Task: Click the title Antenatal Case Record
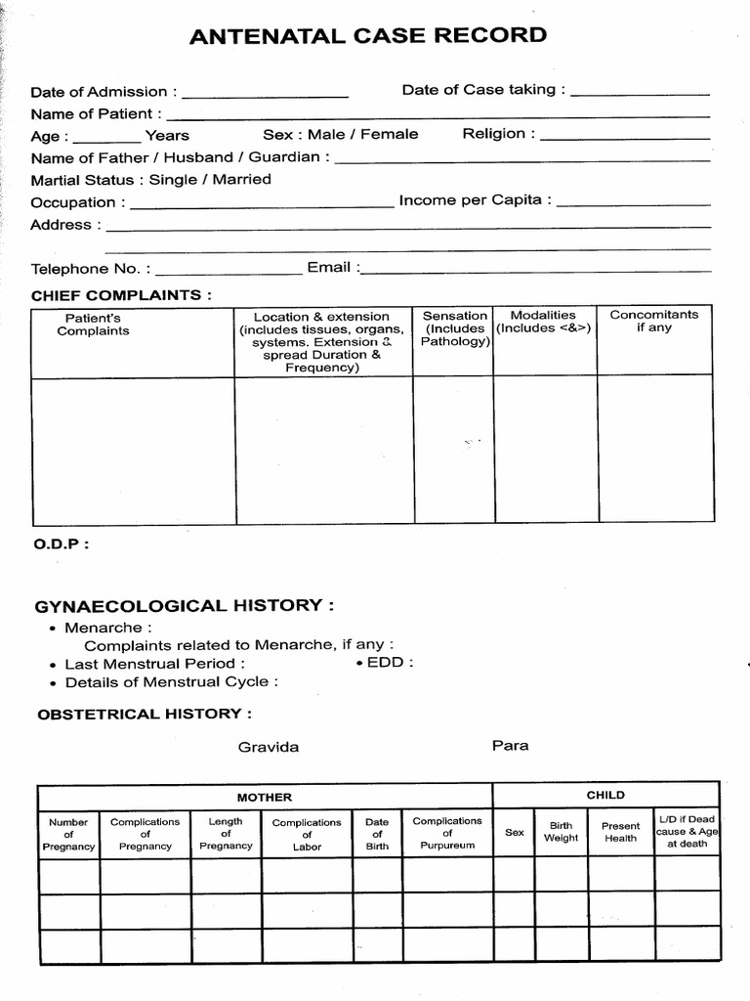pos(367,36)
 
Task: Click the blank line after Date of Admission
pos(265,95)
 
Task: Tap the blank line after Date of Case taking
pos(640,93)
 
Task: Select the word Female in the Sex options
pos(389,134)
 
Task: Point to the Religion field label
pos(498,133)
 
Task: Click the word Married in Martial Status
pos(241,179)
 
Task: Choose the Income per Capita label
pos(475,200)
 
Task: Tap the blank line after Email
pos(535,269)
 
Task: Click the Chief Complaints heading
pos(121,294)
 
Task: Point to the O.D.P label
pos(61,545)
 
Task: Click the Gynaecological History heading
pos(185,606)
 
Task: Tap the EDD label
pos(390,662)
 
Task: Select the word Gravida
pos(269,747)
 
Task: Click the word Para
pos(510,745)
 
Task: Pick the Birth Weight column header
pos(561,832)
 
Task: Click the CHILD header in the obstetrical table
pos(605,795)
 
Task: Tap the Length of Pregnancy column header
pos(226,834)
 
